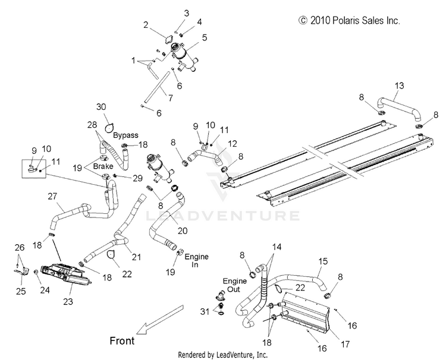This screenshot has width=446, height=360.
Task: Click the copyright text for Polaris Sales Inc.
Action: tap(349, 20)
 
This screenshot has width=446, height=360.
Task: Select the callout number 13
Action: tap(400, 86)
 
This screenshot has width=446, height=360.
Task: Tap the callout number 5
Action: tap(205, 37)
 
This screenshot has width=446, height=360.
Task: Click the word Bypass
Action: tap(125, 135)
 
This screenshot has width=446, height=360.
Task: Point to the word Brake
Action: tap(103, 166)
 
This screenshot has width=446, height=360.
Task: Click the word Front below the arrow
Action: tap(122, 340)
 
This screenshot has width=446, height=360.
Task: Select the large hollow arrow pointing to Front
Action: tap(160, 320)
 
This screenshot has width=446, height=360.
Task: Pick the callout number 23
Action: tap(68, 301)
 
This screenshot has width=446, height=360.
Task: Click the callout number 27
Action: tap(52, 197)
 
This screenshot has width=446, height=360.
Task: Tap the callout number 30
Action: tap(101, 107)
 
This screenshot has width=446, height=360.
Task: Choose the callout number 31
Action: tap(205, 311)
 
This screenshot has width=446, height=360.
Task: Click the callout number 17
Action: tap(345, 345)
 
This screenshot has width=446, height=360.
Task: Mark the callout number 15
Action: tap(323, 261)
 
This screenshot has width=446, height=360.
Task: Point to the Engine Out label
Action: tap(235, 285)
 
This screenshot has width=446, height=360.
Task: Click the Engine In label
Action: tap(197, 261)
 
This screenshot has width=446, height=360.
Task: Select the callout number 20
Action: tap(183, 230)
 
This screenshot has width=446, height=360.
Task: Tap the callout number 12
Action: tap(233, 144)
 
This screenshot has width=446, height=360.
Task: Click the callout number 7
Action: tap(171, 98)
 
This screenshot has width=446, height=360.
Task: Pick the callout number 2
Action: tap(146, 25)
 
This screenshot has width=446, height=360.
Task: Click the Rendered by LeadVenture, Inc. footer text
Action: tap(223, 355)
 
